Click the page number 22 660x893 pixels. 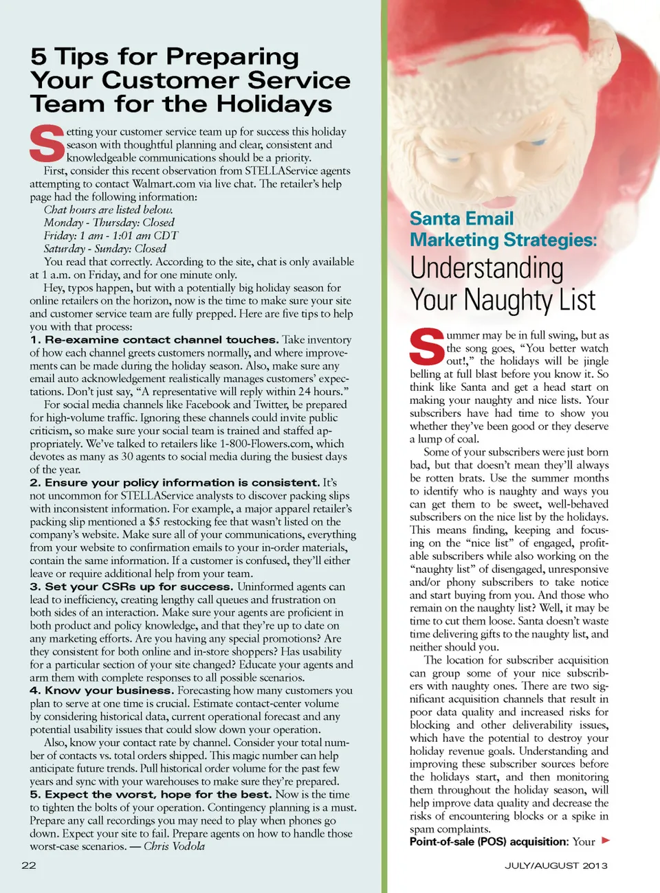(x=29, y=866)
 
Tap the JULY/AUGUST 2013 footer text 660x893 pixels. (x=556, y=866)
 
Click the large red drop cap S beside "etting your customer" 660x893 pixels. (x=46, y=144)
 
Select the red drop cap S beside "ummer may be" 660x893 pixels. (x=427, y=348)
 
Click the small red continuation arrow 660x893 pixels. (x=606, y=840)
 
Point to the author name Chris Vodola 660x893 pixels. (x=174, y=846)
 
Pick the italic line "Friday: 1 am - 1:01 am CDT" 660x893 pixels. (x=111, y=236)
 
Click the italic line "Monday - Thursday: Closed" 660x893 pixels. (x=109, y=223)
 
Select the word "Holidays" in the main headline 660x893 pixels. (x=274, y=104)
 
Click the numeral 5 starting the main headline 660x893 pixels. (x=38, y=56)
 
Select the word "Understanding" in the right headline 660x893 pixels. (x=487, y=268)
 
